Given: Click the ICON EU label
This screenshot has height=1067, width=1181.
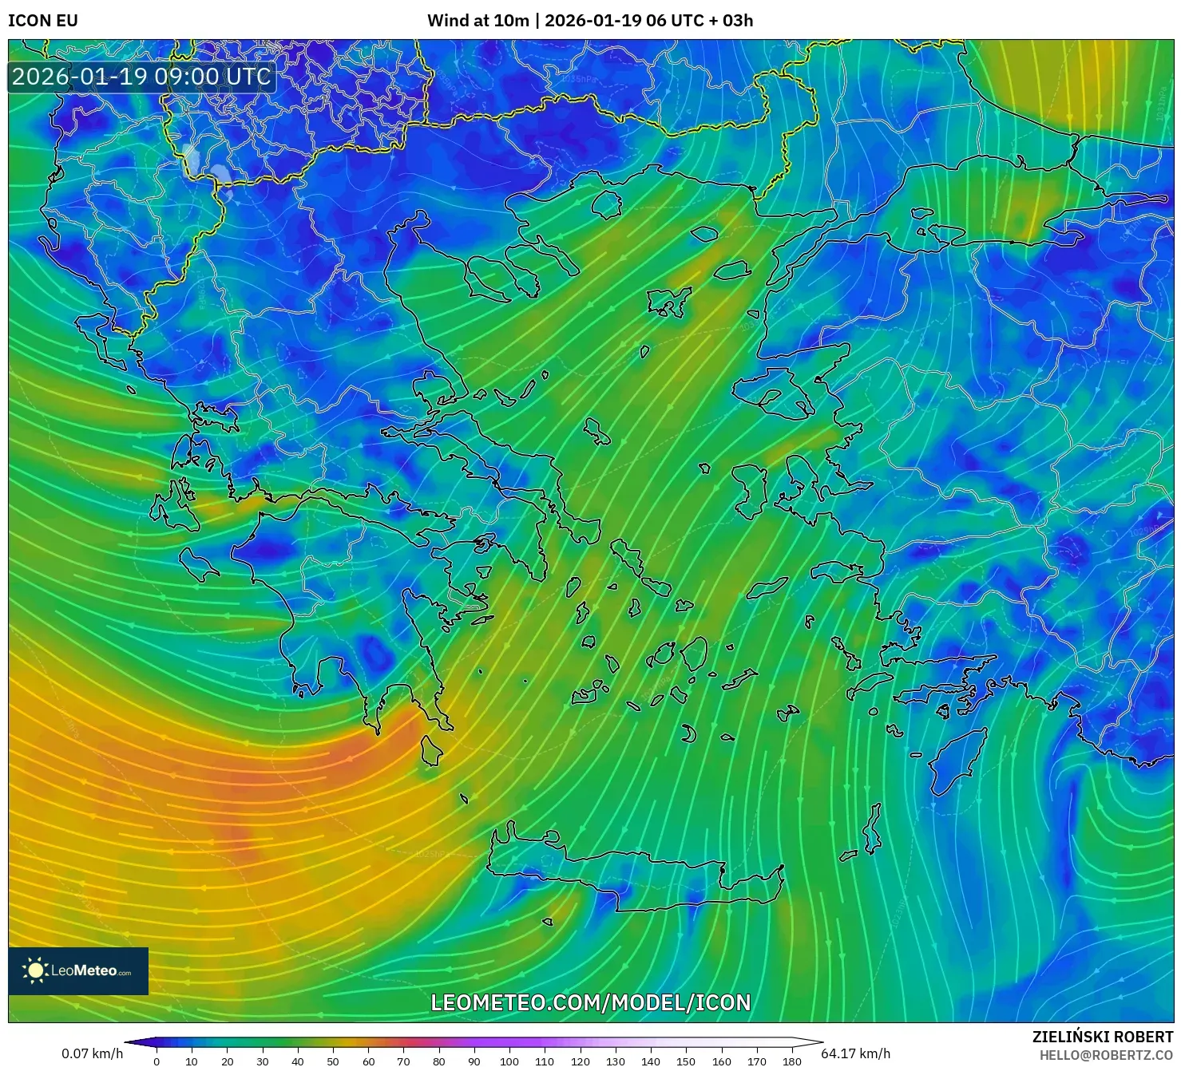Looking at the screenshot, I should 43,20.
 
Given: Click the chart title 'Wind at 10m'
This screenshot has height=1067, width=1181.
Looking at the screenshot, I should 478,20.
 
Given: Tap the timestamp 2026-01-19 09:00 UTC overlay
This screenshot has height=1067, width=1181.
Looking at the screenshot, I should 141,77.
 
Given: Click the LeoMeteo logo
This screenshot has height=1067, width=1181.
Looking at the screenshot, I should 78,970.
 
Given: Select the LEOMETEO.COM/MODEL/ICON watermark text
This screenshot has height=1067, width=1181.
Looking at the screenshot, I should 590,1002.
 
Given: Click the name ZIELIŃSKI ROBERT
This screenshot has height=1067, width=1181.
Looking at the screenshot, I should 1102,1037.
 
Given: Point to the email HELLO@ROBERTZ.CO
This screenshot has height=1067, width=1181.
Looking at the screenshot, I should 1105,1055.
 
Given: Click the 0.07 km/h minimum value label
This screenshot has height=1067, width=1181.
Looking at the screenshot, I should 92,1053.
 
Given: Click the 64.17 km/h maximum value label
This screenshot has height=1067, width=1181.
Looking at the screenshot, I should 855,1053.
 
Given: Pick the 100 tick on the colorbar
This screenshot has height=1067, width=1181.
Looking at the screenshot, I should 509,1061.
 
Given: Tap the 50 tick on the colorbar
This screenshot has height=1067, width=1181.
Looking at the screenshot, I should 332,1061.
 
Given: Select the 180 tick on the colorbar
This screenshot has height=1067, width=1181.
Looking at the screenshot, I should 791,1061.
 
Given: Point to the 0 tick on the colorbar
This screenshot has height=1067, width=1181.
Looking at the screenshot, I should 157,1061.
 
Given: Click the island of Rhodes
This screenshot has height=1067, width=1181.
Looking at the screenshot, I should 957,759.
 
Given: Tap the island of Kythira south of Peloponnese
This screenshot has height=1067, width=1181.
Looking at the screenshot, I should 432,751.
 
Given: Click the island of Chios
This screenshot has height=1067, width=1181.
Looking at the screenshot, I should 748,488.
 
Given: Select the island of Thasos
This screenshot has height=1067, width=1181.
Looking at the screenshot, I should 607,204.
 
